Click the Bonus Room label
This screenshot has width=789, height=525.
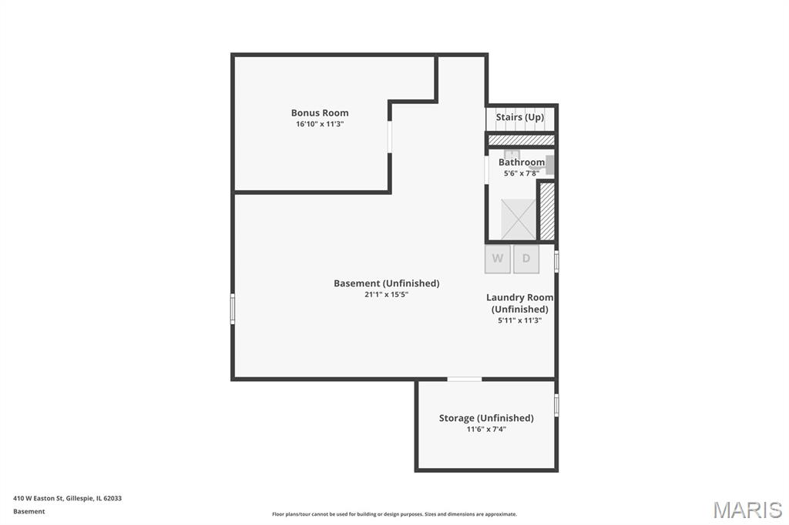click(320, 112)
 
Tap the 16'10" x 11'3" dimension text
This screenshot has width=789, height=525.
click(320, 124)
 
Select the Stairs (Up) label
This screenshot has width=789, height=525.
click(520, 117)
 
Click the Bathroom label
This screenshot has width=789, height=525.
click(522, 162)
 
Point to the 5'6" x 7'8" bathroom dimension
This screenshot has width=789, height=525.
click(522, 173)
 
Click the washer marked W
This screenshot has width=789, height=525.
click(498, 259)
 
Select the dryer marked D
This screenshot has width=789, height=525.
click(526, 259)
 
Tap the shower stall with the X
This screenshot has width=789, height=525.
click(519, 219)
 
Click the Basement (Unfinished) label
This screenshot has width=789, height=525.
click(387, 283)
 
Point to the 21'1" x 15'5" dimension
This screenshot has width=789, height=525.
click(387, 295)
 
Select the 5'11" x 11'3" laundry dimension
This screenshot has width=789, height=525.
click(520, 320)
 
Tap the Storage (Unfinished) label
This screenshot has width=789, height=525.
click(486, 418)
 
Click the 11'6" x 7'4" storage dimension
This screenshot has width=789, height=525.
click(486, 429)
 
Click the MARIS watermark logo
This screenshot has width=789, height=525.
click(747, 510)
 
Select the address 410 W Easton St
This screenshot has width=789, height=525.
click(39, 498)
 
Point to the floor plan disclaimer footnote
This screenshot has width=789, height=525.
click(394, 514)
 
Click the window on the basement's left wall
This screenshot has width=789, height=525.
click(233, 309)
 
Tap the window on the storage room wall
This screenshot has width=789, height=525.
click(556, 406)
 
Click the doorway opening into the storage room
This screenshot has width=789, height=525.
click(465, 379)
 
